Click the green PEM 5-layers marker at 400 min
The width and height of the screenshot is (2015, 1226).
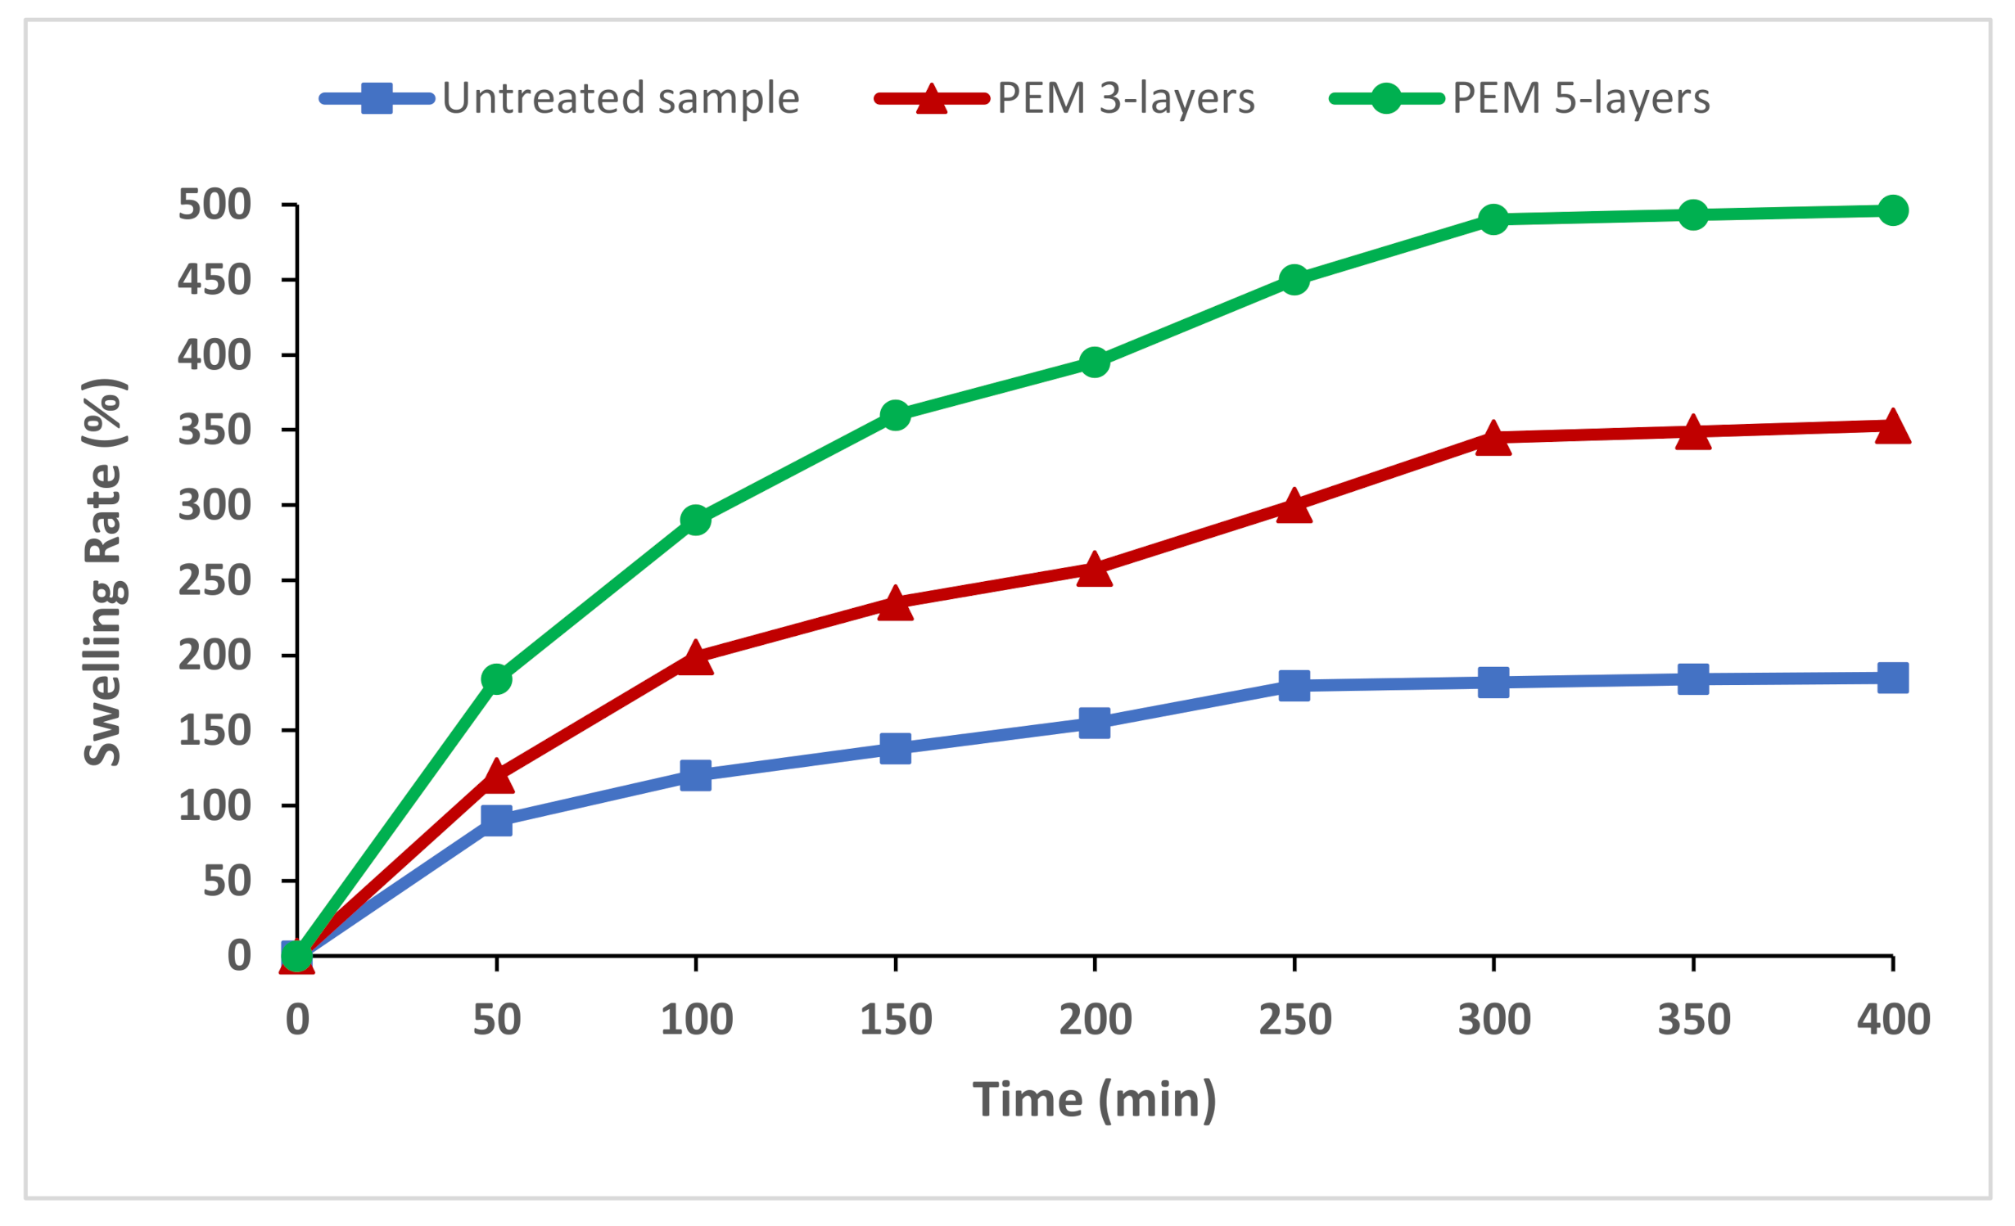click(1892, 210)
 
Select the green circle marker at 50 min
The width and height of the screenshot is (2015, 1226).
click(496, 678)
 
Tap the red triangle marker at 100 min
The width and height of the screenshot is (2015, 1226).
click(695, 658)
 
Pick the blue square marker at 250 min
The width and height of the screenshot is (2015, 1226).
click(1294, 685)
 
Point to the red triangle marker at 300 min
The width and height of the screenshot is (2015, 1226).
click(1493, 439)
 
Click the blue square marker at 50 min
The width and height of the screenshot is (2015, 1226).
click(496, 819)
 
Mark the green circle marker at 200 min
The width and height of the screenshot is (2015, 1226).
click(1095, 362)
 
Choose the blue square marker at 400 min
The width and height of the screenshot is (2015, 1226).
click(1892, 678)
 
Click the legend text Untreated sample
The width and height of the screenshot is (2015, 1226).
click(620, 98)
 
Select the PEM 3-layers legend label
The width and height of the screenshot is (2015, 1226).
click(1125, 98)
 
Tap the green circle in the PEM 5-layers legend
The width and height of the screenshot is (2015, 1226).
click(1385, 98)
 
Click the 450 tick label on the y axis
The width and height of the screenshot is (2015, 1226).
click(214, 280)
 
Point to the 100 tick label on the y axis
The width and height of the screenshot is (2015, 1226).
click(214, 806)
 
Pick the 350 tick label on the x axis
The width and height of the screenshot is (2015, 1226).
click(1693, 1020)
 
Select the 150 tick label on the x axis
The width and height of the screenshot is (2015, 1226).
click(896, 1020)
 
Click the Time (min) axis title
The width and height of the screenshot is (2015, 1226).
click(1094, 1099)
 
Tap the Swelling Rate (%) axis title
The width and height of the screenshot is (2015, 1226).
click(104, 573)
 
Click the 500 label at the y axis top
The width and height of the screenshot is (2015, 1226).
click(214, 205)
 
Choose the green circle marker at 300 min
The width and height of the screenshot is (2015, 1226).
click(1493, 219)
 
